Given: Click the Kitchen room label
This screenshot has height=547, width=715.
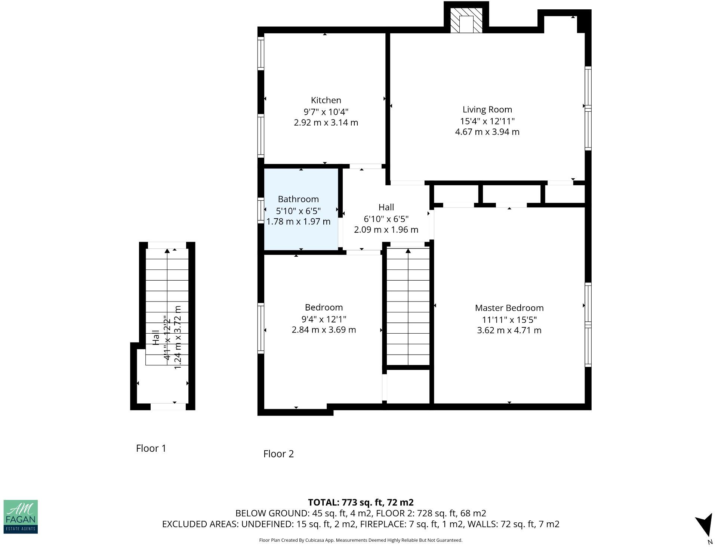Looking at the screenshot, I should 326,100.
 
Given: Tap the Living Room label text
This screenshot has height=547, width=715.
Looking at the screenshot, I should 487,109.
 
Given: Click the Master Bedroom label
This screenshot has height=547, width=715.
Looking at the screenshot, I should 509,308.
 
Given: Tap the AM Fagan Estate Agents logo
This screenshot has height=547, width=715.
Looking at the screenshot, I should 21,516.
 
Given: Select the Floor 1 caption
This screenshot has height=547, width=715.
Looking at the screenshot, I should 151,448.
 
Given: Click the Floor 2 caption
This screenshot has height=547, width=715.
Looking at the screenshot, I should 278,454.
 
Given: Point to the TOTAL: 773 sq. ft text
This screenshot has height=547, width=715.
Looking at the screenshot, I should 361,502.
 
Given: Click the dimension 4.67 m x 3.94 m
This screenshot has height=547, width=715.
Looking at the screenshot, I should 487,132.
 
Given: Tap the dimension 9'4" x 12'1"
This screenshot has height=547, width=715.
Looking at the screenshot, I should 324,319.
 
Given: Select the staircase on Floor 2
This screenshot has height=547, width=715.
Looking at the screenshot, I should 408,306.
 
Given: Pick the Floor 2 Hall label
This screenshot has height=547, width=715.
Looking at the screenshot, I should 386,207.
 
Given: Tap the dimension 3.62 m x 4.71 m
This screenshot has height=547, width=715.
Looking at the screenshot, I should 509,330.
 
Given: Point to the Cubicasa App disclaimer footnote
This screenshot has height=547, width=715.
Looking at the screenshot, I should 361,540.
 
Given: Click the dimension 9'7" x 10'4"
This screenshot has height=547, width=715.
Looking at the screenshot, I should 326,112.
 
